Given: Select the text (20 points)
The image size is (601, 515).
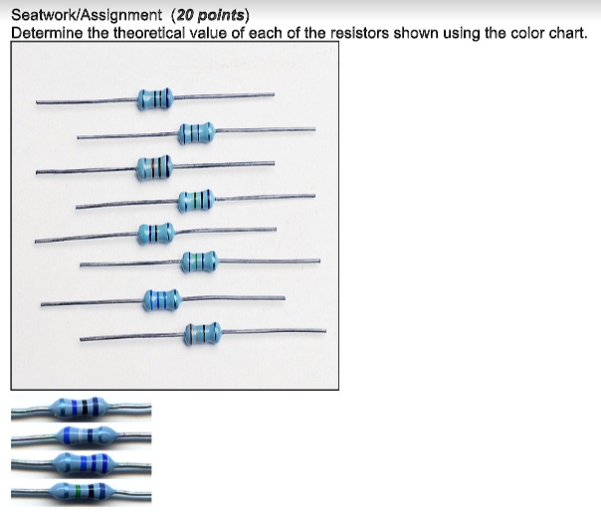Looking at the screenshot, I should click(x=211, y=16).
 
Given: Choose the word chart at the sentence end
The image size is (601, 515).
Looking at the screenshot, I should click(x=565, y=33).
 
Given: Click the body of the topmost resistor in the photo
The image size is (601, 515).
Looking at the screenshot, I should click(x=155, y=98).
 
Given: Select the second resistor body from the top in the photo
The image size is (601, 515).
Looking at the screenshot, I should click(x=195, y=132).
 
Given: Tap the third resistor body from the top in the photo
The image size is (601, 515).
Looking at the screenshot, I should click(x=154, y=166).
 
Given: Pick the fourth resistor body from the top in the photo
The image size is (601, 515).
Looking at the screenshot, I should click(x=195, y=201).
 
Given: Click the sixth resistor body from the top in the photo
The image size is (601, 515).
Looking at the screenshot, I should click(x=198, y=262).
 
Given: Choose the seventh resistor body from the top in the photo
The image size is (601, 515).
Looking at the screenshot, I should click(x=161, y=298).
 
